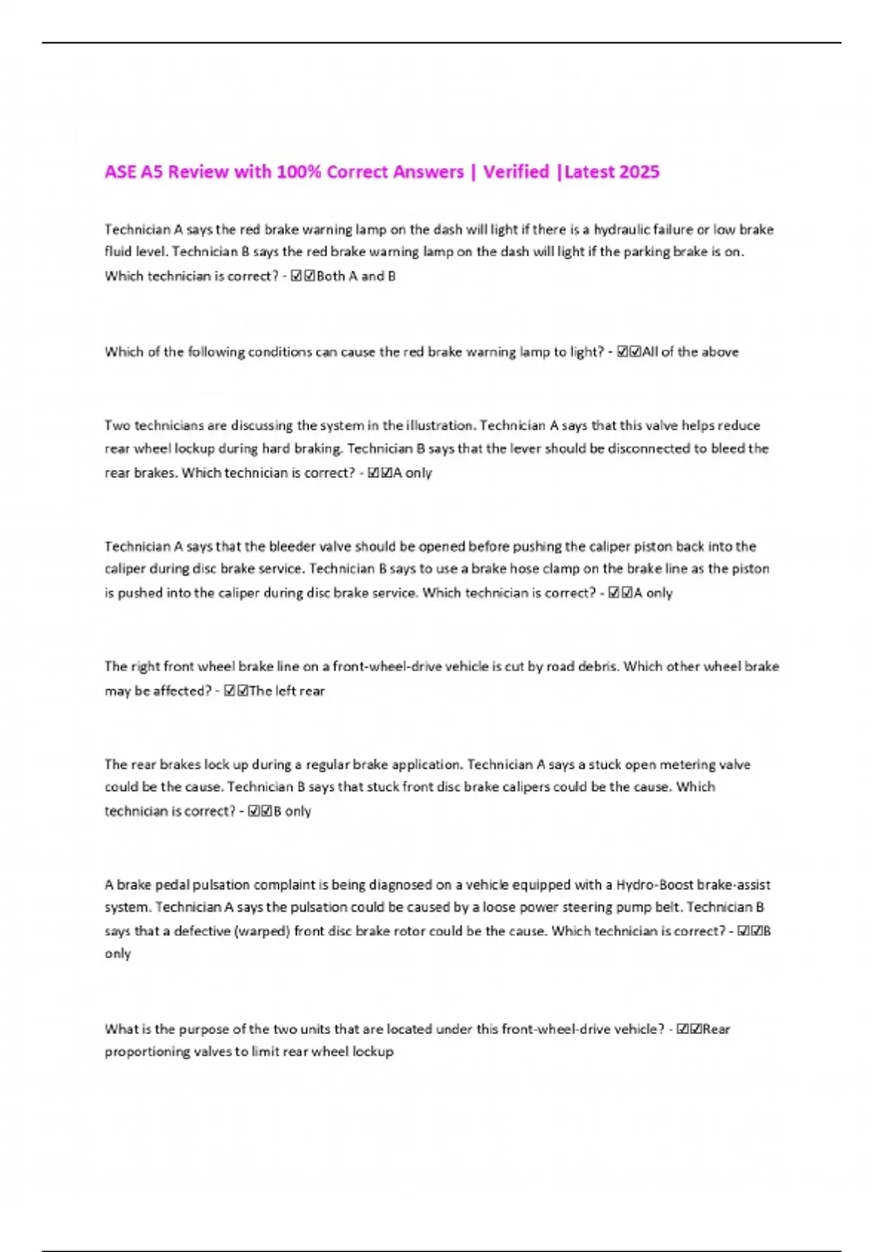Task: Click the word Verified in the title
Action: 516,172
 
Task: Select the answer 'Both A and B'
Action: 356,276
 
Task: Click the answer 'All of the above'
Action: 690,352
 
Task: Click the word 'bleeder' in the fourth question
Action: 298,546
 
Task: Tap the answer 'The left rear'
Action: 287,691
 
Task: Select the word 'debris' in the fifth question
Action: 594,667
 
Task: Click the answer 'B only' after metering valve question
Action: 292,811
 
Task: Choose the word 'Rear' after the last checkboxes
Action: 716,1029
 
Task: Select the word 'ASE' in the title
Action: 120,172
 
